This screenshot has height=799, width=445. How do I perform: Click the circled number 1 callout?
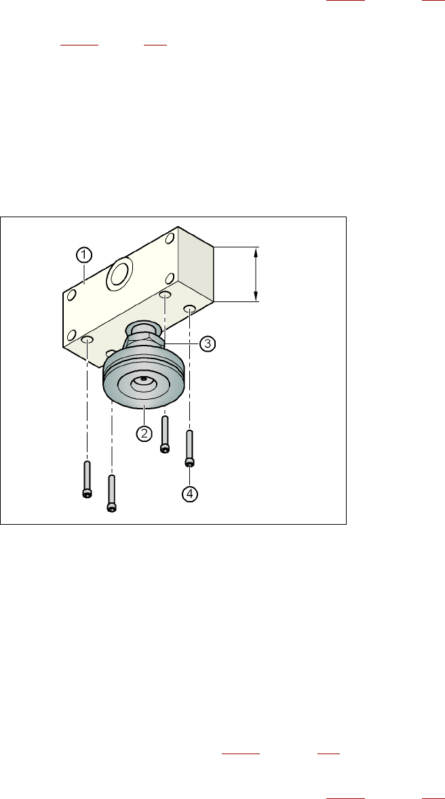click(x=83, y=255)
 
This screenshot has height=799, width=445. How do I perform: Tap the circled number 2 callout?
click(x=144, y=432)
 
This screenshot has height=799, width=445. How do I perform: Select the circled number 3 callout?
click(x=208, y=343)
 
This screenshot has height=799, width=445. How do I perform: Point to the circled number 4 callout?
click(x=190, y=494)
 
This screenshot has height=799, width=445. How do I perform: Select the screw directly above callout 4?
click(x=190, y=449)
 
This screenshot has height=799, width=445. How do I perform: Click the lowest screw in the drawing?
click(x=111, y=493)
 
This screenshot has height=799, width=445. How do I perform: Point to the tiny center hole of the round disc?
click(x=143, y=379)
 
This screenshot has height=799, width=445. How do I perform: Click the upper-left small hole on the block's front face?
click(x=70, y=295)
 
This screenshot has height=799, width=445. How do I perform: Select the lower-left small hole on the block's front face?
click(x=71, y=335)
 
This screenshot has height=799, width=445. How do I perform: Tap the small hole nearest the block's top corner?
click(x=170, y=238)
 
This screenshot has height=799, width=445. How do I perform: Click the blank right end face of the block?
click(x=195, y=267)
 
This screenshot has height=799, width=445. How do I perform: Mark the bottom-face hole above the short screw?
click(x=165, y=295)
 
